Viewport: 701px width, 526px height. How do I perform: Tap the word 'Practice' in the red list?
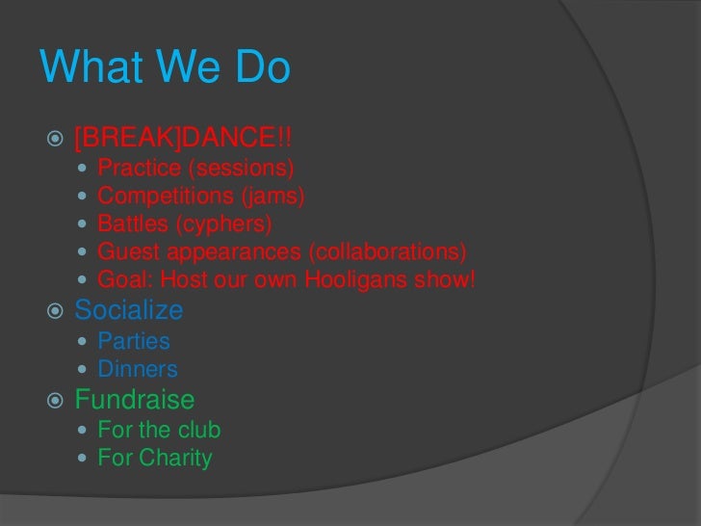click(x=139, y=170)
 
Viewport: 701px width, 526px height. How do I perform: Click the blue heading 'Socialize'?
click(x=128, y=310)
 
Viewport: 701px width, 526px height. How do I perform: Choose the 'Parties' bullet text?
click(x=134, y=341)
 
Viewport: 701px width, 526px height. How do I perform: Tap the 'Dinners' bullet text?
click(x=138, y=369)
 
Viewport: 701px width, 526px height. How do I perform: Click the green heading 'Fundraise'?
click(x=135, y=399)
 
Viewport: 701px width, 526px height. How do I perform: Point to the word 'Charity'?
click(x=175, y=458)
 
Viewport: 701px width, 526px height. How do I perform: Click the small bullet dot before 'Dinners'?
click(x=84, y=370)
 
